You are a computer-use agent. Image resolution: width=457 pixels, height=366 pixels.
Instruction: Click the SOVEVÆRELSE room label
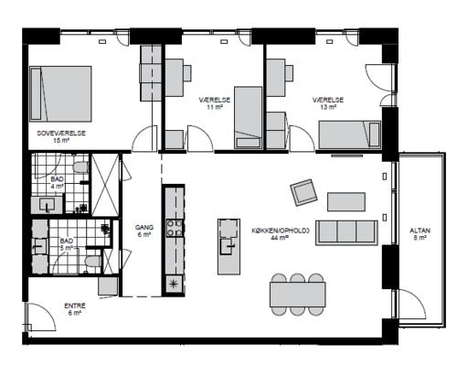(x=61, y=134)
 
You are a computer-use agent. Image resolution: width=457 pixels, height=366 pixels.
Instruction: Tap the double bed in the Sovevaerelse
(x=61, y=93)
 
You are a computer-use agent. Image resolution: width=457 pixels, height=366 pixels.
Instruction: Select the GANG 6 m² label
(x=144, y=231)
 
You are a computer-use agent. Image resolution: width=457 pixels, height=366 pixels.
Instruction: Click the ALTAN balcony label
(x=420, y=234)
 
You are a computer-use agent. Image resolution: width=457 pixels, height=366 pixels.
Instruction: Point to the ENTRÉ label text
(x=75, y=306)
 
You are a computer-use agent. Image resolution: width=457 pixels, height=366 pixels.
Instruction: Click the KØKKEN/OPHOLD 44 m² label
(x=281, y=234)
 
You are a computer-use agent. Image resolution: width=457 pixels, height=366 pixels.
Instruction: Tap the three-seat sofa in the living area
(x=346, y=232)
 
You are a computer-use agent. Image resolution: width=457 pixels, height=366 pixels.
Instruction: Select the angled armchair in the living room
(x=303, y=192)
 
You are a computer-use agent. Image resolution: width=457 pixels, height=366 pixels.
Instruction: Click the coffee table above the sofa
(x=346, y=201)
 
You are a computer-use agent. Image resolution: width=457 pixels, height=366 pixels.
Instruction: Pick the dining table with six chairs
(x=298, y=295)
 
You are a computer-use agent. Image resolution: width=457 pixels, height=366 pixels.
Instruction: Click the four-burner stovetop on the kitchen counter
(x=175, y=228)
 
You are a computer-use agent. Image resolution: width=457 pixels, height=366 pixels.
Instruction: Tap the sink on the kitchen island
(x=228, y=246)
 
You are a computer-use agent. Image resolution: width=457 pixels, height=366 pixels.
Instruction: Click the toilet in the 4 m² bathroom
(x=81, y=167)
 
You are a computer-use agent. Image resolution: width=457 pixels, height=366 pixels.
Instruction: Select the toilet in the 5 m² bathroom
(x=93, y=261)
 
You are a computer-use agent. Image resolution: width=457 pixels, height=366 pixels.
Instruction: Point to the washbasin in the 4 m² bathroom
(x=47, y=205)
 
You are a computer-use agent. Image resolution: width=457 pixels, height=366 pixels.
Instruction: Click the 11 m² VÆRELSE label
(x=215, y=103)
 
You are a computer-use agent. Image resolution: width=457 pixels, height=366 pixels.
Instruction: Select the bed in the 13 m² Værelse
(x=350, y=135)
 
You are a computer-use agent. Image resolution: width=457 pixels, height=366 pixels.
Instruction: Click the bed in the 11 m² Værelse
(x=249, y=118)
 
